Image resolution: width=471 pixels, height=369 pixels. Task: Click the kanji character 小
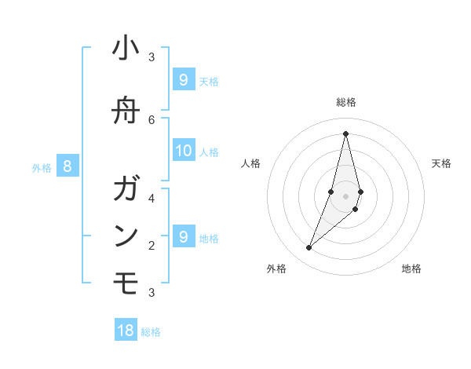[126, 49]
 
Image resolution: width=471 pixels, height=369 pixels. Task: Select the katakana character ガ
[126, 189]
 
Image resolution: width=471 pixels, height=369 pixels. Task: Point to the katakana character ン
[126, 236]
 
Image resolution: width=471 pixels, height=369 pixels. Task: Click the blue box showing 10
[184, 151]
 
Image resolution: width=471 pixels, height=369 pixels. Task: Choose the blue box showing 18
[126, 331]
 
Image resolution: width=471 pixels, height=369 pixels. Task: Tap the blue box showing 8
[68, 166]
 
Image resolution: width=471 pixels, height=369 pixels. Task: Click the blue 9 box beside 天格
[184, 79]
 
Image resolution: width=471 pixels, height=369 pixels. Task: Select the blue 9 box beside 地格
[184, 236]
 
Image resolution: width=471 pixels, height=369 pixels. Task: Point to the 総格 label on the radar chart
[346, 102]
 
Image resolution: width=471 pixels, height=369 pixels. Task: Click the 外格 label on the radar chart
[276, 269]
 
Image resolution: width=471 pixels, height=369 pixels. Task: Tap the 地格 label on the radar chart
[411, 269]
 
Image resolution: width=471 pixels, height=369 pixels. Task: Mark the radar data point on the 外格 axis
[309, 247]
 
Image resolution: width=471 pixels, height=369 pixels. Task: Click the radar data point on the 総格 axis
[346, 133]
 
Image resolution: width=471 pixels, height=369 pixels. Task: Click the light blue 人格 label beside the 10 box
[210, 152]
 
